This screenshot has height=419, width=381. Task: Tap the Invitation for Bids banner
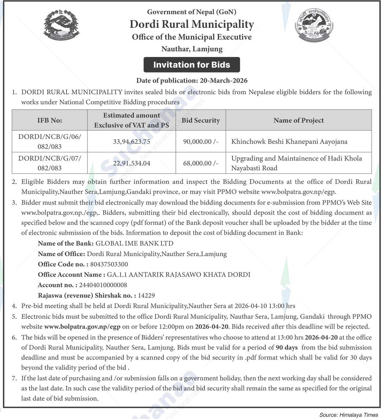192,65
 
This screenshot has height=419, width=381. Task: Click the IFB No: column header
50,120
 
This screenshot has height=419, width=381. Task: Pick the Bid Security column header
201,120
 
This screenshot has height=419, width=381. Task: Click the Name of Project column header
298,120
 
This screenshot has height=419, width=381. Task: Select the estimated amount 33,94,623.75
132,141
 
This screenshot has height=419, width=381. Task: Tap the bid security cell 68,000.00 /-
201,163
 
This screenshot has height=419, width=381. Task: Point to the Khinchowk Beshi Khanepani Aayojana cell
289,141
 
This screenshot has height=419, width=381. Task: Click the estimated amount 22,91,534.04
132,163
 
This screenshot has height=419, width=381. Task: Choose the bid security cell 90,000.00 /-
201,141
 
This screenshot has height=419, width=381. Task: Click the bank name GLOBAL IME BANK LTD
135,243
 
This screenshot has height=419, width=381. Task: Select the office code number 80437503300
109,264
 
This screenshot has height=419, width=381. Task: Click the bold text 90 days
287,347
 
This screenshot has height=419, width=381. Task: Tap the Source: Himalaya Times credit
348,415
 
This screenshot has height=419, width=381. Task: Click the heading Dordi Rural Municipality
192,24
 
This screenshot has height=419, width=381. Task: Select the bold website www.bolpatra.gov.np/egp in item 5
82,326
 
